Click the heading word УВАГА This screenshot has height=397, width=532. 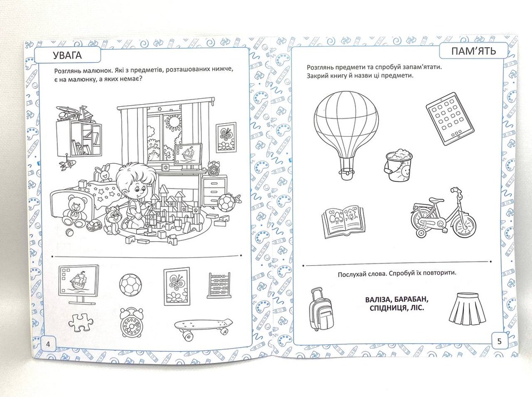[68, 55]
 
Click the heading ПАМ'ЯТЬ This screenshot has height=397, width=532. [473, 51]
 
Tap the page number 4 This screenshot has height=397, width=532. [48, 344]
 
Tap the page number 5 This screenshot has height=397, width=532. [499, 341]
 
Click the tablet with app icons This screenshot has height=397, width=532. [450, 119]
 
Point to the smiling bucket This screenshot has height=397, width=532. [398, 166]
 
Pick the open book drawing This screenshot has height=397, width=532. [343, 221]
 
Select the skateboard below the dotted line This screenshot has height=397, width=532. [204, 327]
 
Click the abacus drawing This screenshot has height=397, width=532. [219, 285]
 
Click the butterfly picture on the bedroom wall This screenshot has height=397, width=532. [226, 137]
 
